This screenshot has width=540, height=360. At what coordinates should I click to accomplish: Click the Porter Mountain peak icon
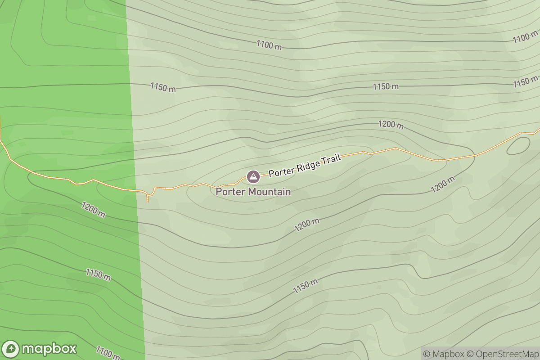pyautogui.click(x=253, y=176)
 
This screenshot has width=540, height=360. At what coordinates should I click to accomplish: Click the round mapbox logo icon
pyautogui.click(x=11, y=349)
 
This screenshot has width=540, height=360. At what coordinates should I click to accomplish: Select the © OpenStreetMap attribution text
pyautogui.click(x=501, y=354)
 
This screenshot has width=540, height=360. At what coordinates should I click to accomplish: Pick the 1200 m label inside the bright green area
pyautogui.click(x=93, y=210)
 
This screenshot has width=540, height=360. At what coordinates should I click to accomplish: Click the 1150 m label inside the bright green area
pyautogui.click(x=98, y=274)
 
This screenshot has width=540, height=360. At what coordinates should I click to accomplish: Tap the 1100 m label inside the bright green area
pyautogui.click(x=108, y=353)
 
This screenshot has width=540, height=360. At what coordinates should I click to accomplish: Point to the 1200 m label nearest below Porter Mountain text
pyautogui.click(x=306, y=225)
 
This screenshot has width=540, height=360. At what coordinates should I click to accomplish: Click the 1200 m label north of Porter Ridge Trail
pyautogui.click(x=391, y=125)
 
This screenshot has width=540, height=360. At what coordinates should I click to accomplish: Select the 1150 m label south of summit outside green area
pyautogui.click(x=306, y=287)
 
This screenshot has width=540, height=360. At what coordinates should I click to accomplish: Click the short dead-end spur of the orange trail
pyautogui.click(x=148, y=197)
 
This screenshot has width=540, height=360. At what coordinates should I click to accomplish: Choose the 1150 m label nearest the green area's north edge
pyautogui.click(x=163, y=87)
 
